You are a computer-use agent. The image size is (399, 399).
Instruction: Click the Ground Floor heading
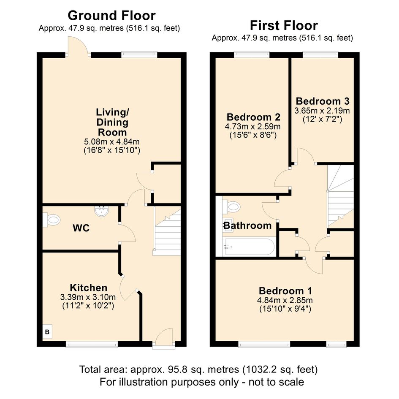pos(111,16)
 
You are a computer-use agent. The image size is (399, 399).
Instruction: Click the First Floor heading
pos(284,25)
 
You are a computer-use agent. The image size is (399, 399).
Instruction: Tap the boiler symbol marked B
pos(47,331)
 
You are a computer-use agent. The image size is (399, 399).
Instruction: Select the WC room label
pos(81,228)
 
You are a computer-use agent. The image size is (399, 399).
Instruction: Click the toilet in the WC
pos(52,220)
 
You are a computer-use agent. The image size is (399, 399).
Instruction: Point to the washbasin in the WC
pos(102,211)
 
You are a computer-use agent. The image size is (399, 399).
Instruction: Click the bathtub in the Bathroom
pos(249,247)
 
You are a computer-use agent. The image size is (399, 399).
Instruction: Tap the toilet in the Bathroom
pos(231,206)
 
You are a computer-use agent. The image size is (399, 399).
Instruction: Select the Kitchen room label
pos(89,288)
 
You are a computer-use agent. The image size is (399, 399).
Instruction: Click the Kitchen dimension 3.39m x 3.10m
pos(88,297)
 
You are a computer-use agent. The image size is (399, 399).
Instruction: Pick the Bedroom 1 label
pos(285,290)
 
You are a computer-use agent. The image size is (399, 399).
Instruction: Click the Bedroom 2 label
pos(253,117)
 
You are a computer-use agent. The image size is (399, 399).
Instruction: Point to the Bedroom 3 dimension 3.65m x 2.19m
pos(322,111)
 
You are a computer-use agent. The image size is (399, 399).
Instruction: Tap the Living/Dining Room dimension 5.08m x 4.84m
pos(112,141)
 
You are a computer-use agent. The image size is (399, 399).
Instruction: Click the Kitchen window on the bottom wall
pos(92,345)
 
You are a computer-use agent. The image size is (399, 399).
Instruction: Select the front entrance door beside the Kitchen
pos(164,338)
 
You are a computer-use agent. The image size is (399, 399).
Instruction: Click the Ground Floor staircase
pos(167,231)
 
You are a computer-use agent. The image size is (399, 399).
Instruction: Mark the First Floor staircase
pos(340,196)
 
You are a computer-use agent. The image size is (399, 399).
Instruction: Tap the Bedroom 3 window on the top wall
pos(320,54)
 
